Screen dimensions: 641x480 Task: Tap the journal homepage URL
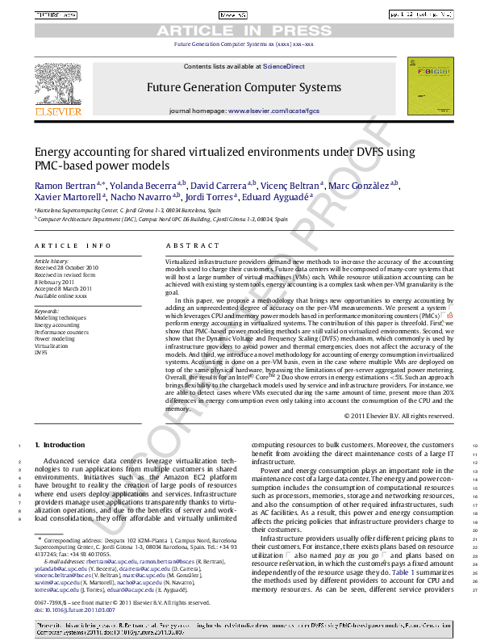273,110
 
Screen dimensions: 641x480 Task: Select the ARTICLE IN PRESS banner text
239,31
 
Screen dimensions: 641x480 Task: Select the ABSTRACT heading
186,245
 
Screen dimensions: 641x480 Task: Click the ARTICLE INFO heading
73,245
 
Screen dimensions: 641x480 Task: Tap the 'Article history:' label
52,261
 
